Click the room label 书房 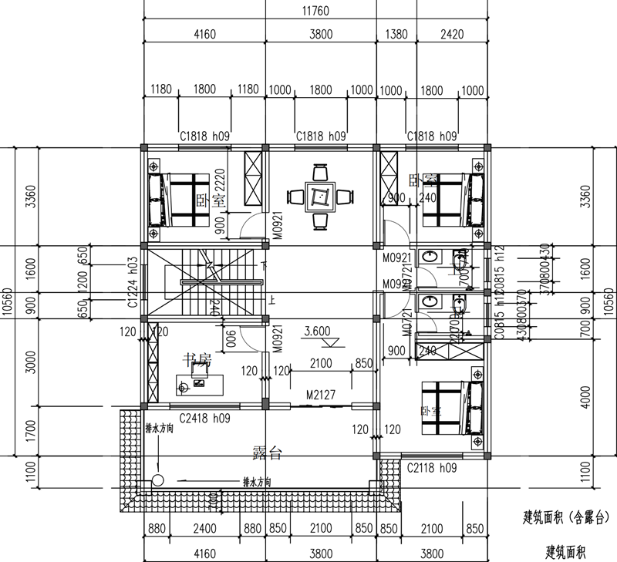click(x=196, y=358)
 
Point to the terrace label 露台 click(x=267, y=453)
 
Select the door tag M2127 click(x=321, y=395)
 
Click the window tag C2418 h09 click(x=205, y=419)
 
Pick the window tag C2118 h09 click(x=432, y=467)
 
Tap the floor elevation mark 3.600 click(x=317, y=331)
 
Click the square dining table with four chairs click(x=319, y=197)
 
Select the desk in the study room click(x=200, y=382)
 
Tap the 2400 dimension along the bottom click(x=204, y=530)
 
